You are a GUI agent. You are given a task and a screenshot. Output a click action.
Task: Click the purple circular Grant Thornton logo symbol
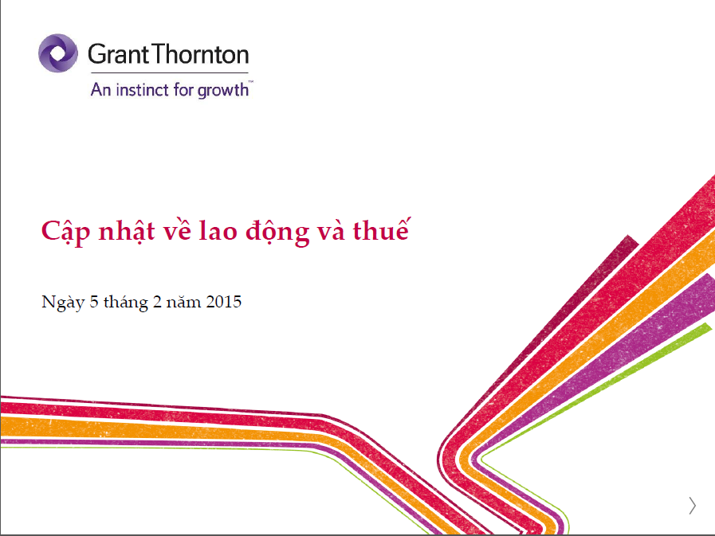(58, 53)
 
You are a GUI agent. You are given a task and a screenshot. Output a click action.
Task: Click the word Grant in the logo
(119, 54)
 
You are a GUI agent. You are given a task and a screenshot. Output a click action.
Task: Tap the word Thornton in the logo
(201, 54)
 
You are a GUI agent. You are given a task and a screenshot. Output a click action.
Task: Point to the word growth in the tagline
(223, 90)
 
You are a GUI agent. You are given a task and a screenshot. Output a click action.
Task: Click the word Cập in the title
(65, 232)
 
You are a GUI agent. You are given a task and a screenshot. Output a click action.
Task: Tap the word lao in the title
(218, 231)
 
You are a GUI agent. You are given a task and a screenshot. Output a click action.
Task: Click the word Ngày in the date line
(64, 303)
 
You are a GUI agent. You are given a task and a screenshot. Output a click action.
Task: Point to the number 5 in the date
(94, 302)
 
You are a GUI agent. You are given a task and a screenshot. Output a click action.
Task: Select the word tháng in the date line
(126, 303)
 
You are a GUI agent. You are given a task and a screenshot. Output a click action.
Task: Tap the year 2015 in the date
(223, 302)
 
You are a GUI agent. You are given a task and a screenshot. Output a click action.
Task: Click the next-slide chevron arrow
(693, 506)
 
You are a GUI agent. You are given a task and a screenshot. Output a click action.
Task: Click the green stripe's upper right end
(709, 326)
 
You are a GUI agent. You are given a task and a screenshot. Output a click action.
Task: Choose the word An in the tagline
(100, 89)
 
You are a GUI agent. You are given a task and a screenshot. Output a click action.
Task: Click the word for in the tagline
(184, 89)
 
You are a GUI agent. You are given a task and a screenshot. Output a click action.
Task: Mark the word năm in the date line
(184, 302)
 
